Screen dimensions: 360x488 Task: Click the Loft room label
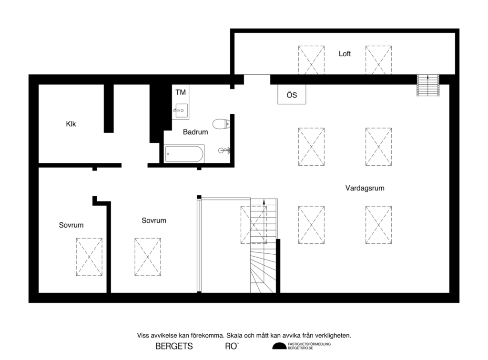point(345,54)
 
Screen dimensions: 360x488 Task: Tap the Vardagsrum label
point(365,188)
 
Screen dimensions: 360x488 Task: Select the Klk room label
point(71,124)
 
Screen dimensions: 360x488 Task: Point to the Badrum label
point(195,132)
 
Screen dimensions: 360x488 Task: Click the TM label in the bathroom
point(181,92)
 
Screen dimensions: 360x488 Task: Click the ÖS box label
point(292,95)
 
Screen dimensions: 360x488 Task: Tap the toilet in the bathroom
point(221,124)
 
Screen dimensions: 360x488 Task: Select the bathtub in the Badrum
point(184,154)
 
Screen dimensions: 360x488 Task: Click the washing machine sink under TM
point(181,111)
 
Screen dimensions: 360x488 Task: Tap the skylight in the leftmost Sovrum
point(89,257)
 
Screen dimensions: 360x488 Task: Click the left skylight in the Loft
point(311,60)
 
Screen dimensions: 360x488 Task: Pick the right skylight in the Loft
point(378,60)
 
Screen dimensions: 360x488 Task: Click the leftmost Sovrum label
point(71,225)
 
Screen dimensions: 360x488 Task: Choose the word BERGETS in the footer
point(174,346)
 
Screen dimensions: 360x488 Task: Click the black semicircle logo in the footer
point(279,346)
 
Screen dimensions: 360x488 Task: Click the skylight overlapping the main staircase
point(253,225)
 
